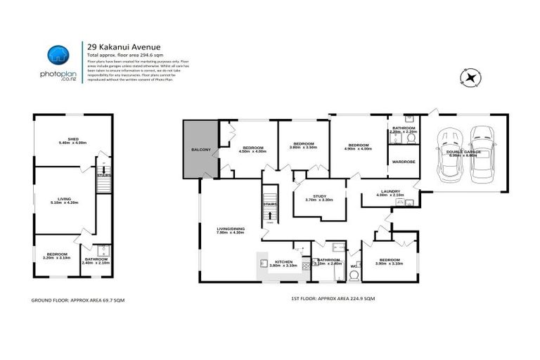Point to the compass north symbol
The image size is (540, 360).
coord(470,77)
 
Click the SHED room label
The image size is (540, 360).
coord(72,140)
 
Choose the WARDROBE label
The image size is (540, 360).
coord(402,161)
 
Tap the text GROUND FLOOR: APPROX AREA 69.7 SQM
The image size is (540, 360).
coord(82,300)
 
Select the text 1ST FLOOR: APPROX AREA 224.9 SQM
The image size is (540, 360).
coord(333,300)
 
